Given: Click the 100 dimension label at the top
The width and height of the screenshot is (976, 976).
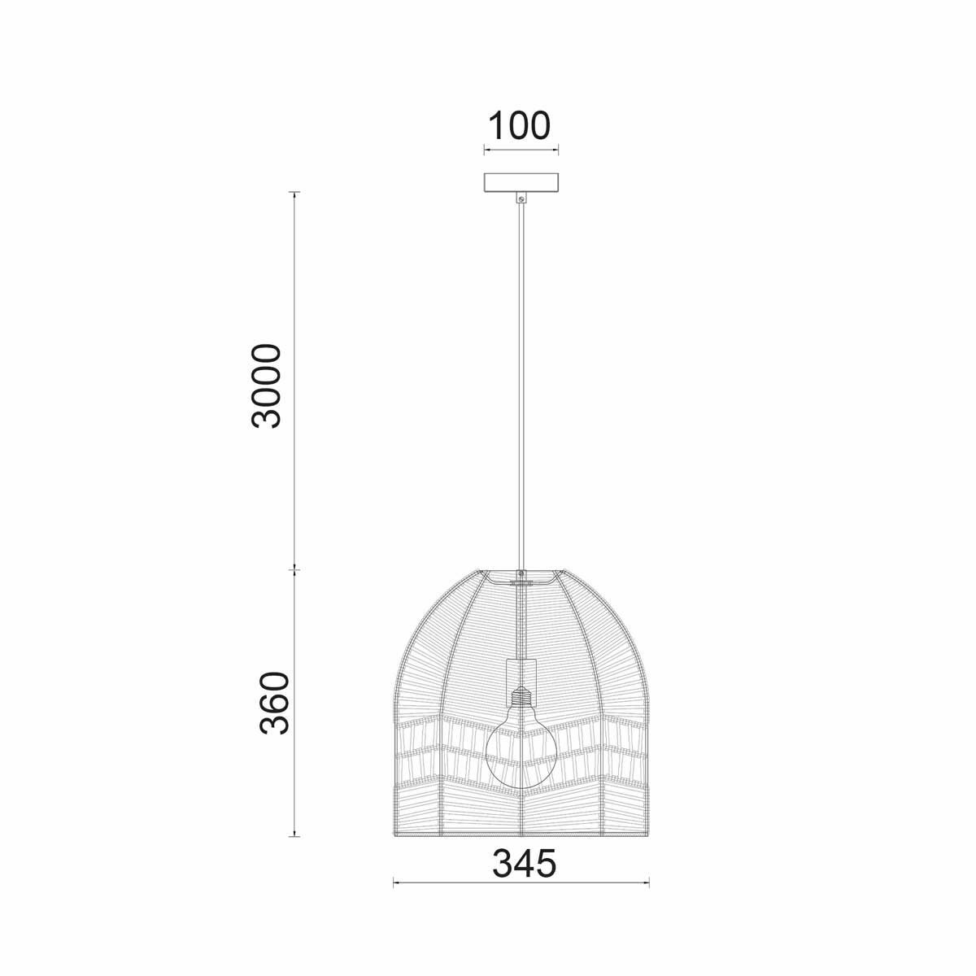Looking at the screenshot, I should (519, 125).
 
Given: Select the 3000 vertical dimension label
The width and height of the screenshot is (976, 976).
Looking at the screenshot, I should (267, 386).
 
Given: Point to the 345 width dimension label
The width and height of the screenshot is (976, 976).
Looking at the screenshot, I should (524, 864).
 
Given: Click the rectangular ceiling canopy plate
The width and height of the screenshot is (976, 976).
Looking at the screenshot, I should (521, 182).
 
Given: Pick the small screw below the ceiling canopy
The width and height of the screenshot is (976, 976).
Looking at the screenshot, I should (521, 198).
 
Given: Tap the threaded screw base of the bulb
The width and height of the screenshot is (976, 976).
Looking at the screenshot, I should (521, 698).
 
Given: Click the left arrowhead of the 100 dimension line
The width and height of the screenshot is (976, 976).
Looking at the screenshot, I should (486, 150).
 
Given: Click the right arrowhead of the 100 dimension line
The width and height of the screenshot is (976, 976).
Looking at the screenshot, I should (557, 150).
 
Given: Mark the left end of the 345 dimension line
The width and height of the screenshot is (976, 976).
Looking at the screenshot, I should (394, 882).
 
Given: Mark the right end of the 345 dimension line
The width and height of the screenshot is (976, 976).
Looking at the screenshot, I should (648, 882).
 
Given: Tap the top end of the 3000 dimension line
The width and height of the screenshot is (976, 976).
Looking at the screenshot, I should (294, 193).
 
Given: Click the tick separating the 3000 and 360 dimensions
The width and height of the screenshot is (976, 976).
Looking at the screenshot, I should (294, 570).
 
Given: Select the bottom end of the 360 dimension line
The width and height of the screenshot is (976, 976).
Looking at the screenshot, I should (294, 836).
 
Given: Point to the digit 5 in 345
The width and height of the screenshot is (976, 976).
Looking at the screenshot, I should (544, 864).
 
